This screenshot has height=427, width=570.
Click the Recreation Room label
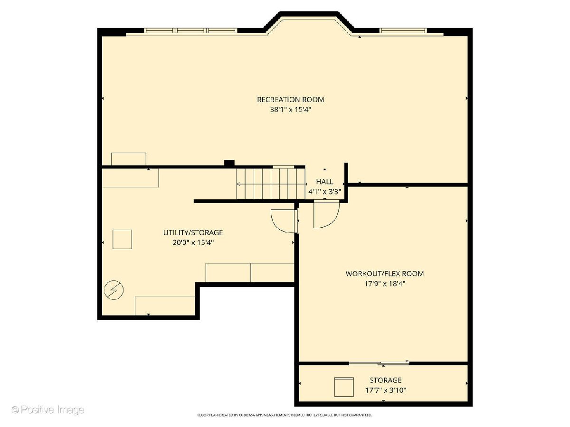pos(290,100)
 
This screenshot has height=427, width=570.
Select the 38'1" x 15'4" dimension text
pos(290,110)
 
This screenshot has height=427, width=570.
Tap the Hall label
pos(324,182)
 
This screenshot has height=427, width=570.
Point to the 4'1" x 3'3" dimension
pos(324,192)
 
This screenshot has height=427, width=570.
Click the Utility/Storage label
pos(193,232)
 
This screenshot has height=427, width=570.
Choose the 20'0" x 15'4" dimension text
pos(193,242)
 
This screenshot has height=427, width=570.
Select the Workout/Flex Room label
pos(384,274)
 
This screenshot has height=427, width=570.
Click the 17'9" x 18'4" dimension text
pos(384,284)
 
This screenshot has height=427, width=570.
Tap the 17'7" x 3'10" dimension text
pos(386,390)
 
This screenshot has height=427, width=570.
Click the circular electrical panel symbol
pos(114,290)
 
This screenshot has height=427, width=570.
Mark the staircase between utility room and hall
pos(271,184)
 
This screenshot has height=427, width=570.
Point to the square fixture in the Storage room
pos(344,387)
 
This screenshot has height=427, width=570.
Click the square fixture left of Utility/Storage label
pos(122,239)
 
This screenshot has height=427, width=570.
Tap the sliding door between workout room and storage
pos(379,364)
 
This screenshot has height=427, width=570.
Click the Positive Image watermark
pos(48,409)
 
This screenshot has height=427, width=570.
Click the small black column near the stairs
pos(229,163)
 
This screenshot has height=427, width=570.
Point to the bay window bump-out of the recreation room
pos(309,24)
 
